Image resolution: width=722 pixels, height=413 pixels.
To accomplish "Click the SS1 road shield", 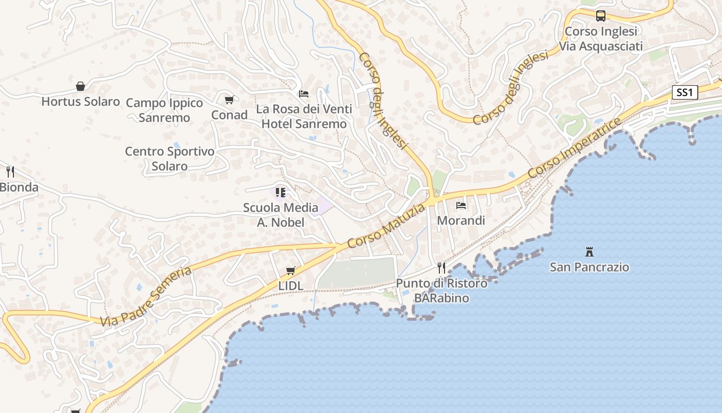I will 684,93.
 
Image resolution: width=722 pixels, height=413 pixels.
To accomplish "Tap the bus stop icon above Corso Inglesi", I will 601,16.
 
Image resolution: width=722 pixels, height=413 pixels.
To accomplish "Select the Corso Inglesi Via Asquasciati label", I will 601,39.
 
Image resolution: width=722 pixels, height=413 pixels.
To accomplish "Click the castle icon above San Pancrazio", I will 589,252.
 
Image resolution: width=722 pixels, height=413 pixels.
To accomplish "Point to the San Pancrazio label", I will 589,267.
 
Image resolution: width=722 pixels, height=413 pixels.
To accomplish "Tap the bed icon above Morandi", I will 461,205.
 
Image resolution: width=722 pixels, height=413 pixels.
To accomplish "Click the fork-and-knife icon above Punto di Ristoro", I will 441,267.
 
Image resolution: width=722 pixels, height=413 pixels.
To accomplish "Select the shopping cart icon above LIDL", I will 291,271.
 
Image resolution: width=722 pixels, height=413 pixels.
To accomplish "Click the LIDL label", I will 291,285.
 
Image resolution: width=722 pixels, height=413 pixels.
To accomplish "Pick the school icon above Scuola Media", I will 281,193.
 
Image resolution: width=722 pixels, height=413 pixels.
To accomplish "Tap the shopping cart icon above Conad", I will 229,100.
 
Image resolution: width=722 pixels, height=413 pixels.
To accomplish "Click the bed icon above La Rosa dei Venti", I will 304,94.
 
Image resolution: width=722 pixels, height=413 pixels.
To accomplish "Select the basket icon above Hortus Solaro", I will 80,86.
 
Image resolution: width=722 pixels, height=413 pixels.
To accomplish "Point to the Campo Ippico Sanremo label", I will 165,110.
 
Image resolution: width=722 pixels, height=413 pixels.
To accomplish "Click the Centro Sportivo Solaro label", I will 170,158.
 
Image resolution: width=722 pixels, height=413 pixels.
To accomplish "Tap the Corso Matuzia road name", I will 386,226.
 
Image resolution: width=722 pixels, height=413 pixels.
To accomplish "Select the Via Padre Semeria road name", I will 146,296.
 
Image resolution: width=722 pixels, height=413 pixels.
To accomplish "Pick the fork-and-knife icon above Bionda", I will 10,171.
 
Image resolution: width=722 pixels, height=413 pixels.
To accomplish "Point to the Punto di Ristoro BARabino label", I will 441,291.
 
